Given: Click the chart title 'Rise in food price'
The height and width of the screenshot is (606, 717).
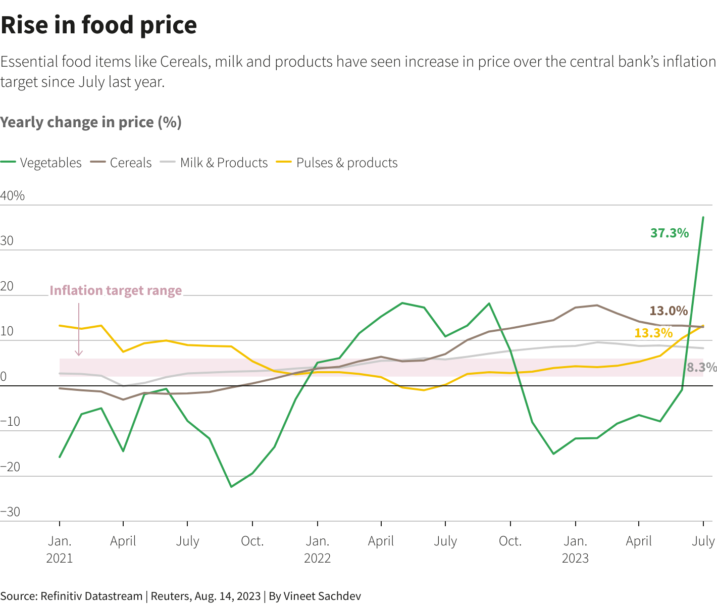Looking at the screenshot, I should (99, 25).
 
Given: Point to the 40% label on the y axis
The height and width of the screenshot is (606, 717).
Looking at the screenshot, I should (13, 196).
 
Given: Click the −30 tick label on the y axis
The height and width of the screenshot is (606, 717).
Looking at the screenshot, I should (11, 512).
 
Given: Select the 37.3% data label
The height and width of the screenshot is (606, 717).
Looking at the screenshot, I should (670, 233).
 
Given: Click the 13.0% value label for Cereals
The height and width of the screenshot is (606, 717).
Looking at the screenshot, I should (669, 311).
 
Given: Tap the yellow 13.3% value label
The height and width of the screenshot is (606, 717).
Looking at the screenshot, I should (653, 333).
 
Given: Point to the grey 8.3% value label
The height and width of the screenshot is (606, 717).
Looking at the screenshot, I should (702, 367).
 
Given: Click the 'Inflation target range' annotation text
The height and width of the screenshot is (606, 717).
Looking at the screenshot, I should (116, 290).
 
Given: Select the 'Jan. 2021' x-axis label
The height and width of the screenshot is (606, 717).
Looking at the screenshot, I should (60, 549).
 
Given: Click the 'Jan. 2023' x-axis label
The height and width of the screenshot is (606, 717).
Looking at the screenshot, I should (575, 549).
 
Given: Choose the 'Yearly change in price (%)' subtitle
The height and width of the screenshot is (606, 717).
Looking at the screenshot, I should (91, 122).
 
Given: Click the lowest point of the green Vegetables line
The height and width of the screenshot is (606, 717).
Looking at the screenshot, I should (231, 487).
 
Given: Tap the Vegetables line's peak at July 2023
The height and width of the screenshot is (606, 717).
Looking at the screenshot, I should (703, 217).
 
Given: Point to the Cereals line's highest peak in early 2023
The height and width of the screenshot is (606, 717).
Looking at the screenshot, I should (597, 305).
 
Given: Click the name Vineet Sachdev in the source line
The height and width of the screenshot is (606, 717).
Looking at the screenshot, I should (322, 596).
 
